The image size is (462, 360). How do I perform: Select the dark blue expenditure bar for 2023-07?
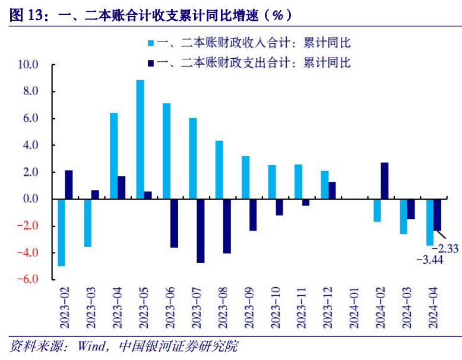click(201, 230)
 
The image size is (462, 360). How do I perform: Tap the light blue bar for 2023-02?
click(61, 232)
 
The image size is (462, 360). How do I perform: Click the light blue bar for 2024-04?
click(429, 222)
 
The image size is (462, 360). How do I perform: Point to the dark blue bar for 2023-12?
click(332, 190)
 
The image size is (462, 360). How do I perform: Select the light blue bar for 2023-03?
click(87, 223)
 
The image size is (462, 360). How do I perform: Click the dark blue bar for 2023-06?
click(175, 223)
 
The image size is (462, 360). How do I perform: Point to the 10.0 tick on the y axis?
click(28, 64)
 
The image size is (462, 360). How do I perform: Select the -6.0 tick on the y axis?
click(28, 279)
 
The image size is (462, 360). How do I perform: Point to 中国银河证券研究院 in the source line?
click(178, 346)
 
